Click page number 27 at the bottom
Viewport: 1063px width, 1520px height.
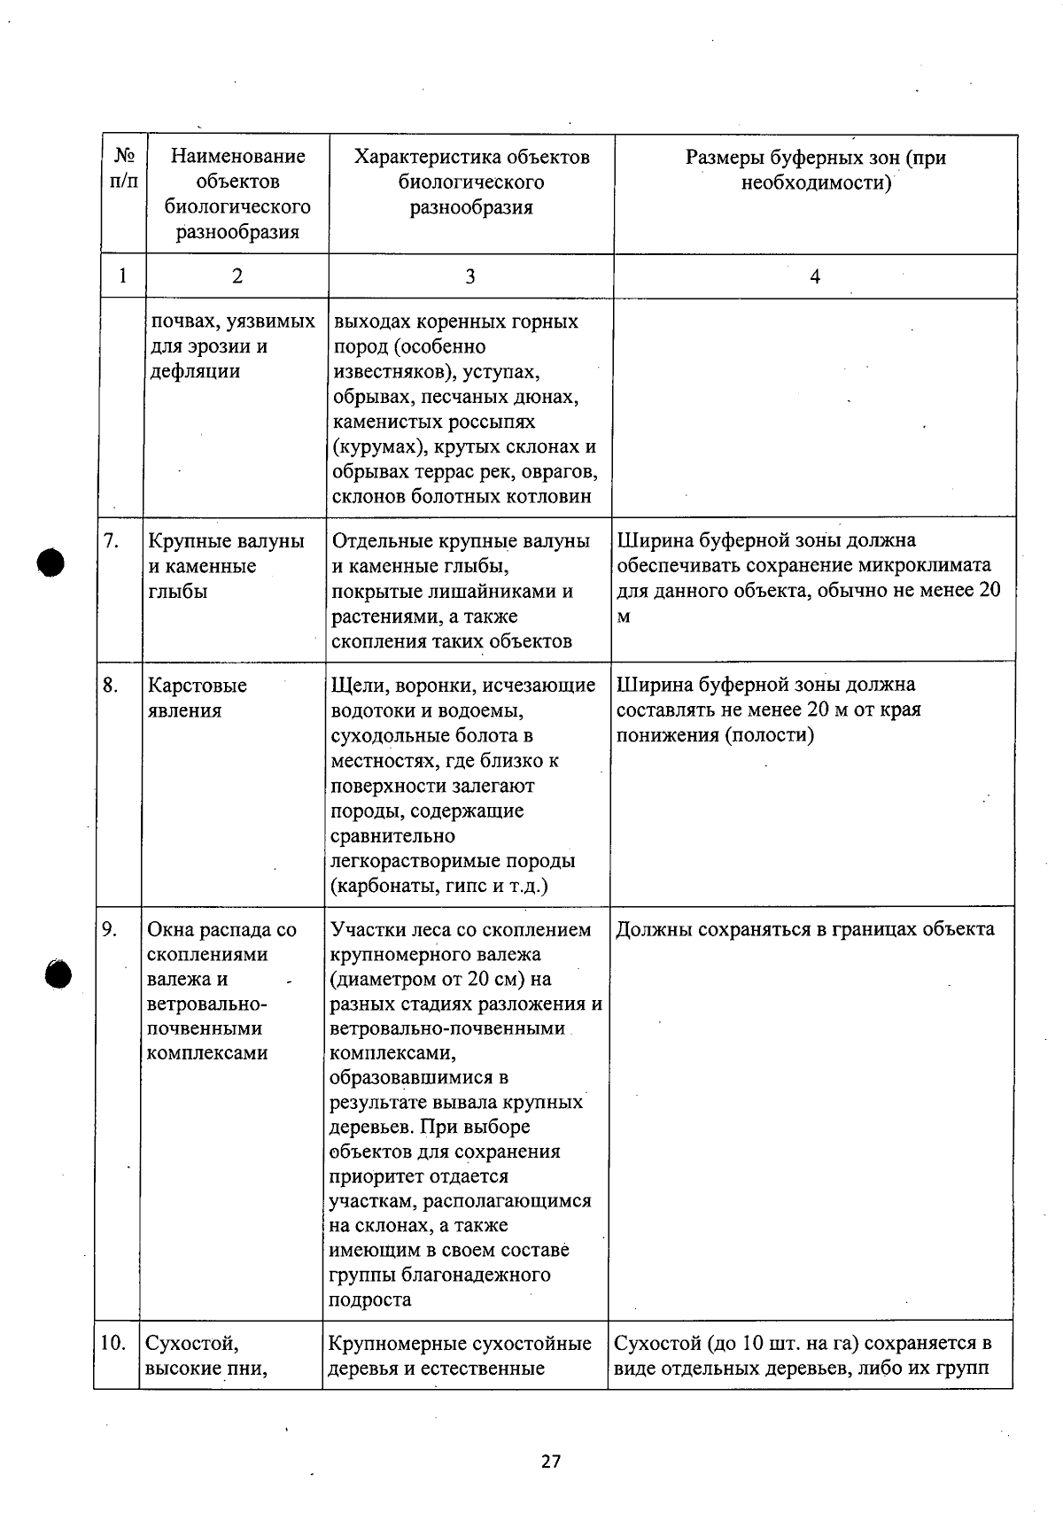tap(551, 1462)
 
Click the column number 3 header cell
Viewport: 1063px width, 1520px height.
tap(469, 276)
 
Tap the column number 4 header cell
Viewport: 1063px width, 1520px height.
tap(815, 276)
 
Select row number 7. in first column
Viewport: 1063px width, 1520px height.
tap(112, 541)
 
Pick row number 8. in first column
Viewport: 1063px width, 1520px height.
tap(111, 686)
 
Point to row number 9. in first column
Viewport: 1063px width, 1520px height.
tap(110, 929)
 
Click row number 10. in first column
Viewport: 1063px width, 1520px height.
tap(113, 1343)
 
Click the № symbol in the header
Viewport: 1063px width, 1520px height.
tap(125, 157)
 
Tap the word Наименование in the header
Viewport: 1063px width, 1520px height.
tap(237, 157)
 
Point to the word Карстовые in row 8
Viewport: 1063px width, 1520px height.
tap(197, 686)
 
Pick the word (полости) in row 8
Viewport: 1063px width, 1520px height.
tap(769, 734)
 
